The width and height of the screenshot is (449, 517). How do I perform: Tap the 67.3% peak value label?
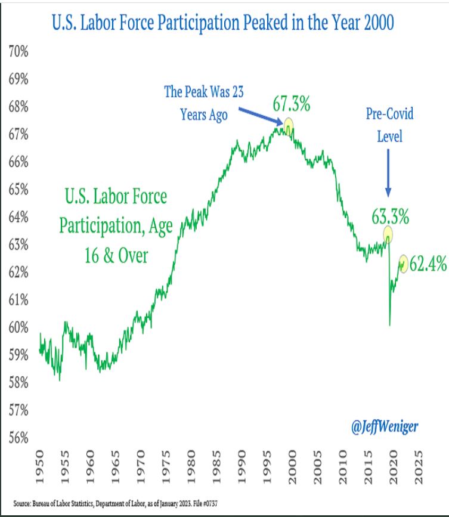click(x=292, y=104)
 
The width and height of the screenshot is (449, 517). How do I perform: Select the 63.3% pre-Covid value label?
click(x=391, y=217)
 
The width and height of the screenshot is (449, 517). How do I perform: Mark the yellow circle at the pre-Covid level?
click(x=388, y=234)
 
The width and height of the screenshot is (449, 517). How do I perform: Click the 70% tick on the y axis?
click(x=18, y=52)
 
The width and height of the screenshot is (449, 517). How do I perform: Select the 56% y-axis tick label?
click(x=18, y=437)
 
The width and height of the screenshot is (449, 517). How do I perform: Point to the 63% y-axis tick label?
click(x=18, y=244)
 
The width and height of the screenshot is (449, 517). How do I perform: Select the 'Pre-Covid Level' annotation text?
click(x=390, y=125)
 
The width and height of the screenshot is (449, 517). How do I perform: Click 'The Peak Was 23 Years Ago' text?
click(x=204, y=103)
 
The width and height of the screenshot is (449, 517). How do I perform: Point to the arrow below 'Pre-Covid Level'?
click(x=389, y=173)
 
